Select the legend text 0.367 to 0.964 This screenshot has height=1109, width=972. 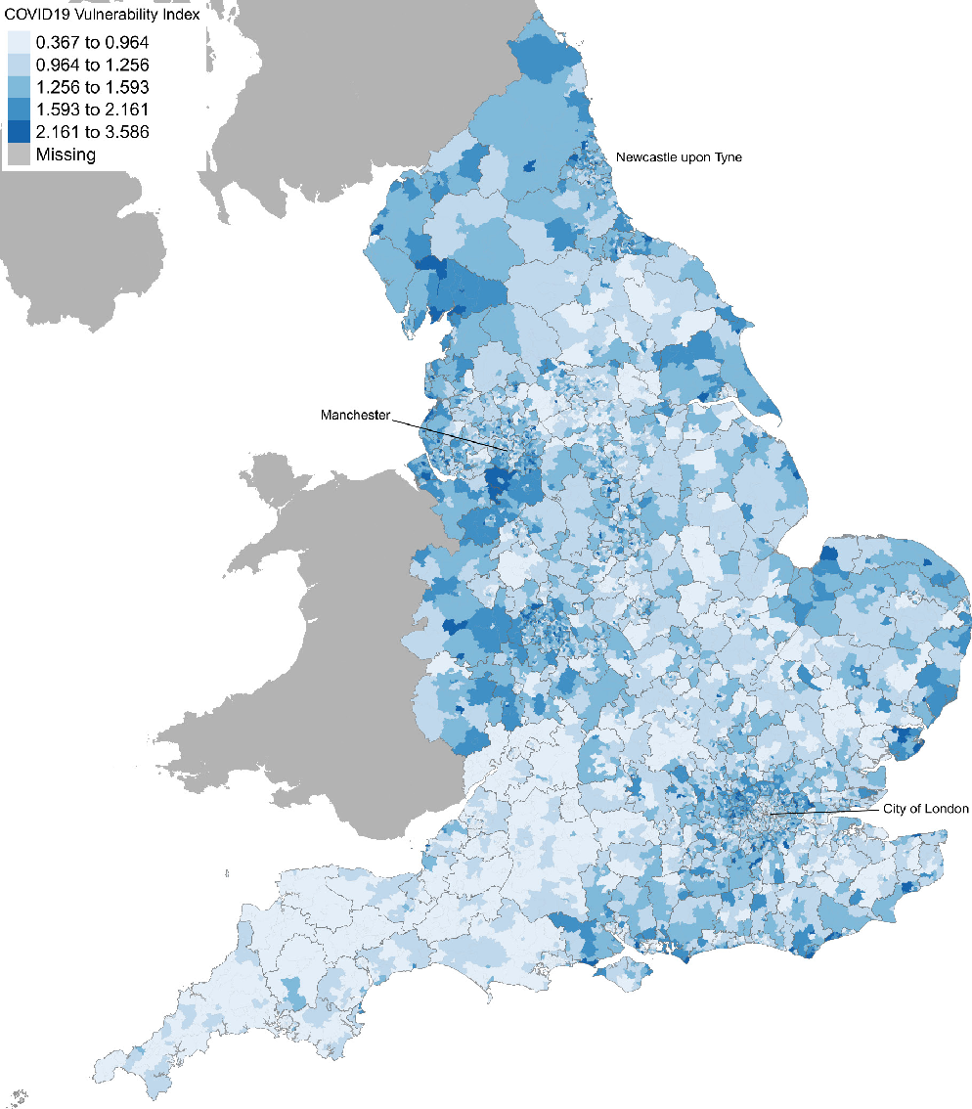point(92,42)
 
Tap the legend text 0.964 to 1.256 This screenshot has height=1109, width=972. point(92,65)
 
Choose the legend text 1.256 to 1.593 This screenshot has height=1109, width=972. point(92,86)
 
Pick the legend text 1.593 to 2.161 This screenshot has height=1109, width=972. point(92,109)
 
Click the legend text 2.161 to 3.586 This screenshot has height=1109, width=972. point(92,131)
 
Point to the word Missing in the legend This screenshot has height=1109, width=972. point(66,154)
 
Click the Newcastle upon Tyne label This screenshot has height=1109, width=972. point(679,156)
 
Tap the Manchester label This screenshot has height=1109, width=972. point(355,415)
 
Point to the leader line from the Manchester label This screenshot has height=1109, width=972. point(450,433)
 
